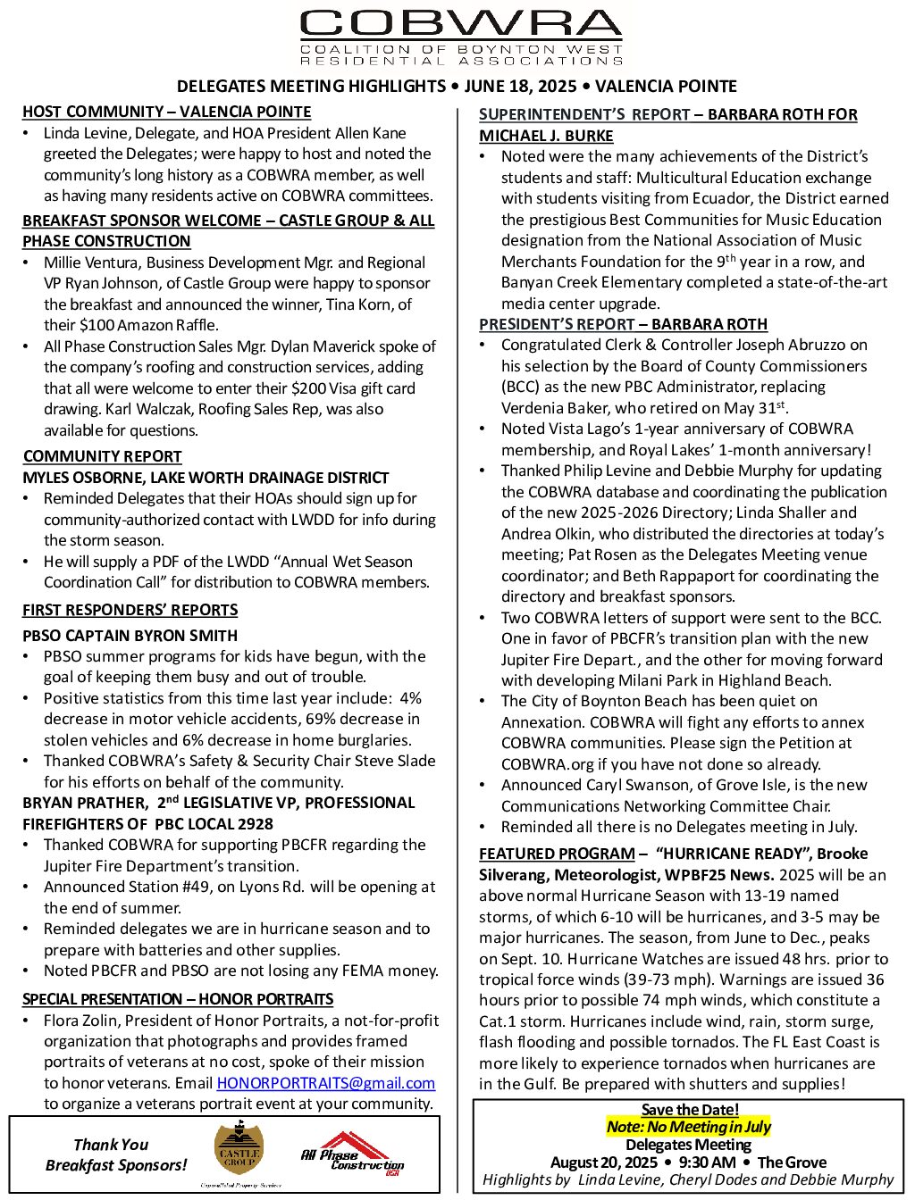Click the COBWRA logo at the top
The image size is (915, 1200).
[461, 37]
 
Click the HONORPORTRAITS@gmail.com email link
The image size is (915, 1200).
[325, 1083]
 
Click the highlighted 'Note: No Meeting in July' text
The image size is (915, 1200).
[688, 1127]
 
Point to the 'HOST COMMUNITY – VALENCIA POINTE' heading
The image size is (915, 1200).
[166, 112]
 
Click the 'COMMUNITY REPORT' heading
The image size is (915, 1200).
[102, 456]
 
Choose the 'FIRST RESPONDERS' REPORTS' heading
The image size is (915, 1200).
[130, 610]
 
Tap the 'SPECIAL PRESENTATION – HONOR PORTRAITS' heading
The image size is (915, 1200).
[177, 999]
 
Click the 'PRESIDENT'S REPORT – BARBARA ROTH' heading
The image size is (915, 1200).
[623, 324]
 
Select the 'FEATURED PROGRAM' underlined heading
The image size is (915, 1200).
[557, 854]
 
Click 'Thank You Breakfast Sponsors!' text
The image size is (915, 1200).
[115, 1154]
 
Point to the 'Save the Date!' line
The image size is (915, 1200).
[690, 1110]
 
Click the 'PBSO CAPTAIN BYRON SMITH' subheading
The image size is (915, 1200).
[130, 636]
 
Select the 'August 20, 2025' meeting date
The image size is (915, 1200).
[603, 1162]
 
